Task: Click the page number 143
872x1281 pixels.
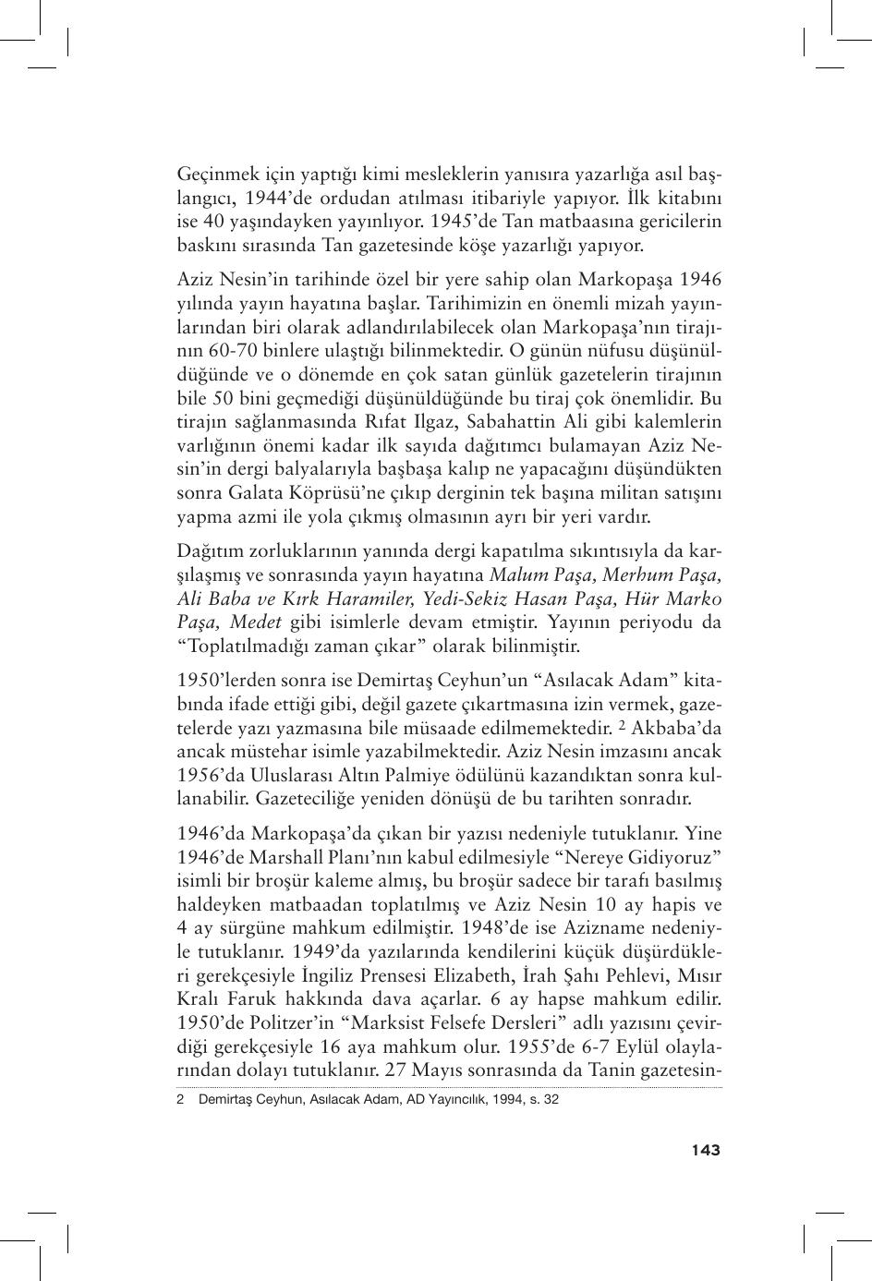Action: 704,1150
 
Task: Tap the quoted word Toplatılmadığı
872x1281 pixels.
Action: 241,647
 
